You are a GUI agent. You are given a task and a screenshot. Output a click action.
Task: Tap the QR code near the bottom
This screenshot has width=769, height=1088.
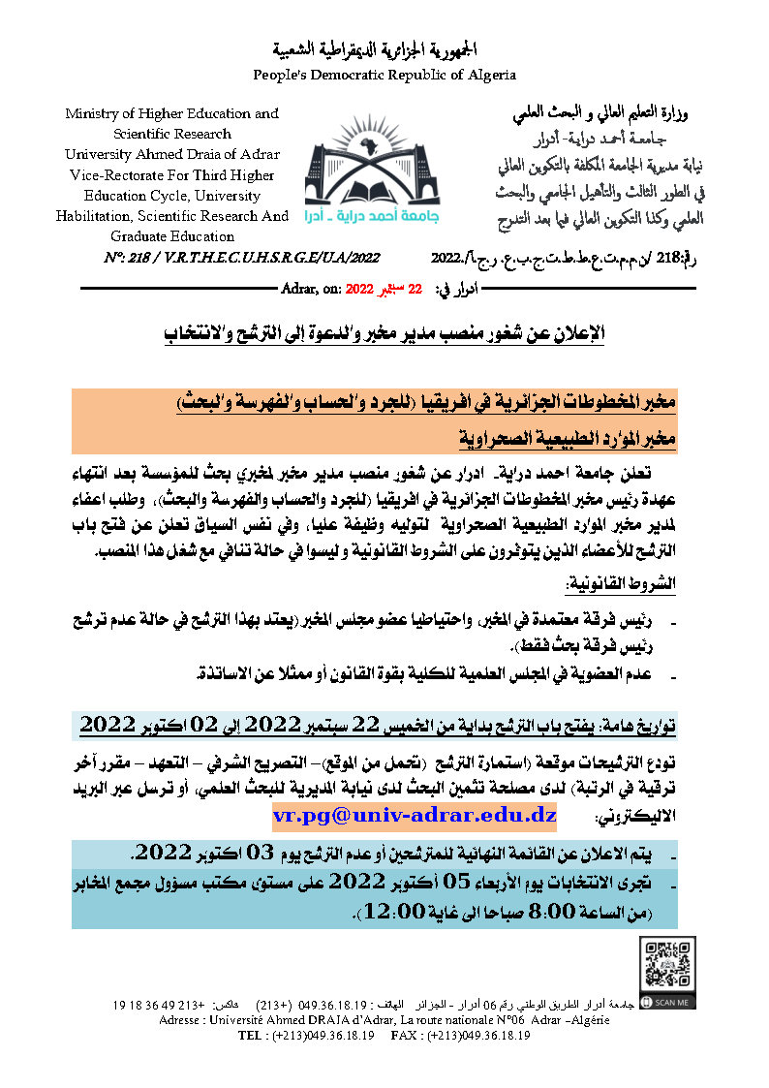667,965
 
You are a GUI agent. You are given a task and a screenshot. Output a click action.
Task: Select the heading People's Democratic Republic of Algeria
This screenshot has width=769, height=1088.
384,75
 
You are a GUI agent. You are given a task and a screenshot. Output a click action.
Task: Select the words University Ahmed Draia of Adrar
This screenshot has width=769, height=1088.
172,154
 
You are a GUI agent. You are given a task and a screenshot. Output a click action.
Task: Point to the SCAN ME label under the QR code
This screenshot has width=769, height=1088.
671,1002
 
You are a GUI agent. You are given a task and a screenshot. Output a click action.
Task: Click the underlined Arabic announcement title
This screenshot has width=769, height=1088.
384,334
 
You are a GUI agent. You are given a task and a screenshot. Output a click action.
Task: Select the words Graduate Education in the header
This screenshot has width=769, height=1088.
172,235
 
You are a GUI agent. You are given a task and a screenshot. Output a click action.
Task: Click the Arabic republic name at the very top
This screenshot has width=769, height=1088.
384,50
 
